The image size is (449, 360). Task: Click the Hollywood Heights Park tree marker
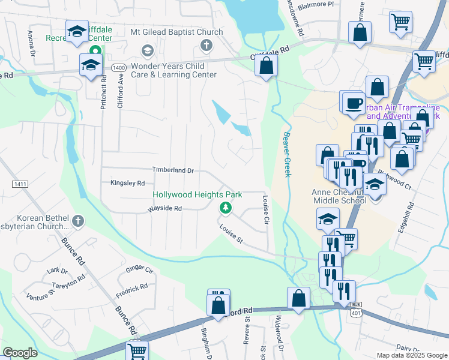(x=226, y=208)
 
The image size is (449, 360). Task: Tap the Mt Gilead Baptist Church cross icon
(x=206, y=45)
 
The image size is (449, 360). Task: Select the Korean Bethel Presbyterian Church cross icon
(x=76, y=222)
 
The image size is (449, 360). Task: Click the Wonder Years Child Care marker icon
(x=146, y=50)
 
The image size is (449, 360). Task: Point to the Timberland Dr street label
(x=173, y=170)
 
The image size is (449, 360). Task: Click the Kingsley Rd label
(x=127, y=183)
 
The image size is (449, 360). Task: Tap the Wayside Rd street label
(x=164, y=209)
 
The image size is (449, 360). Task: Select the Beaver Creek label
(x=287, y=154)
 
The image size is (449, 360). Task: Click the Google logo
(x=20, y=353)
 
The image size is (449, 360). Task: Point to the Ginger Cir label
(x=140, y=271)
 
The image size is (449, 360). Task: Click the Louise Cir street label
(x=265, y=209)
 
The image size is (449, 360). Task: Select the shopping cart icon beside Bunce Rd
(x=137, y=351)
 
